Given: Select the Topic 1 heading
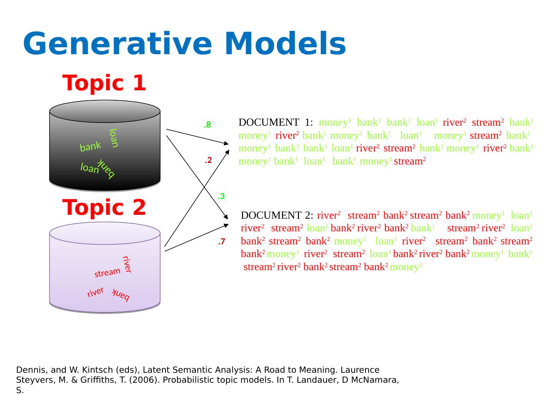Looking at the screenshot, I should click(104, 83).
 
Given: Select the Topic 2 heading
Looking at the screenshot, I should click(104, 207).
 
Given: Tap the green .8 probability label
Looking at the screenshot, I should click(207, 125).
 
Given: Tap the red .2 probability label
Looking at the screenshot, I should click(208, 160).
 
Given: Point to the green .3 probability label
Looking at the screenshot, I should click(221, 196).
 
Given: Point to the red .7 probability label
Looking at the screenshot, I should click(221, 242).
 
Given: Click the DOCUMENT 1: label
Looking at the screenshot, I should click(275, 123).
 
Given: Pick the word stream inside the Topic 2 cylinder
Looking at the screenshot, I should click(107, 272).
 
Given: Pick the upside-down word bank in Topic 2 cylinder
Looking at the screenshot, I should click(121, 295).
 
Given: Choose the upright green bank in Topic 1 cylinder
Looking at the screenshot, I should click(90, 146).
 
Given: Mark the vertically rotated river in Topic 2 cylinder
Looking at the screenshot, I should click(127, 264).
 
